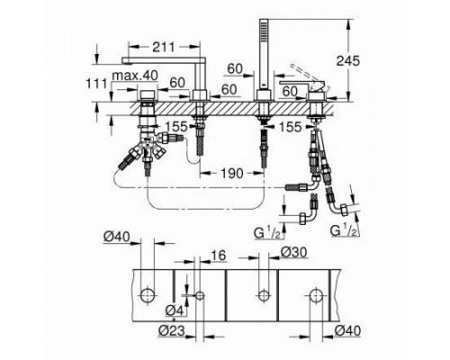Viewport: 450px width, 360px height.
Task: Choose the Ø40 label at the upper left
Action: pos(118,236)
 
